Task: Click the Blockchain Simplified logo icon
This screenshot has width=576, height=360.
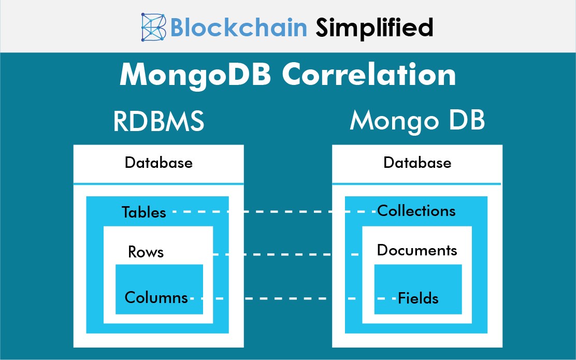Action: (154, 27)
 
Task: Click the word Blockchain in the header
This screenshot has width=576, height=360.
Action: (239, 27)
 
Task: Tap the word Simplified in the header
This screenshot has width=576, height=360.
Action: (374, 27)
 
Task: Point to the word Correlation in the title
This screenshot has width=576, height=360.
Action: (369, 75)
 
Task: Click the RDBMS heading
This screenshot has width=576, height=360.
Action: (159, 122)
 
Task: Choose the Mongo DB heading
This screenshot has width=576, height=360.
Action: (417, 121)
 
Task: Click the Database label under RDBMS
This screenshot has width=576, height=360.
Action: (159, 163)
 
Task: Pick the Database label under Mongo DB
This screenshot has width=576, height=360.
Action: (417, 163)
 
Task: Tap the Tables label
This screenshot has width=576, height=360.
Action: (144, 212)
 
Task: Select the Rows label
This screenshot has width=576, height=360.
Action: (146, 252)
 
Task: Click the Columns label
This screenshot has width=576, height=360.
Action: (156, 297)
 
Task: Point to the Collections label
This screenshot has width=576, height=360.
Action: (416, 211)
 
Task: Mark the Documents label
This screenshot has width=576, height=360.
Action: (417, 250)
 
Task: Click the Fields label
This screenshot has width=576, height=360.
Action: (418, 298)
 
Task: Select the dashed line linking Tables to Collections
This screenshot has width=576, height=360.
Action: (275, 212)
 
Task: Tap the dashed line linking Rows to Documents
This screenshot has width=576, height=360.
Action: (285, 254)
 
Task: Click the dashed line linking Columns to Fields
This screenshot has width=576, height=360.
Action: (290, 298)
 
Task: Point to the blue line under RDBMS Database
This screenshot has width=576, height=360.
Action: (159, 183)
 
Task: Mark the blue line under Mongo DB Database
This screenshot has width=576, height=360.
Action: (416, 183)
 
